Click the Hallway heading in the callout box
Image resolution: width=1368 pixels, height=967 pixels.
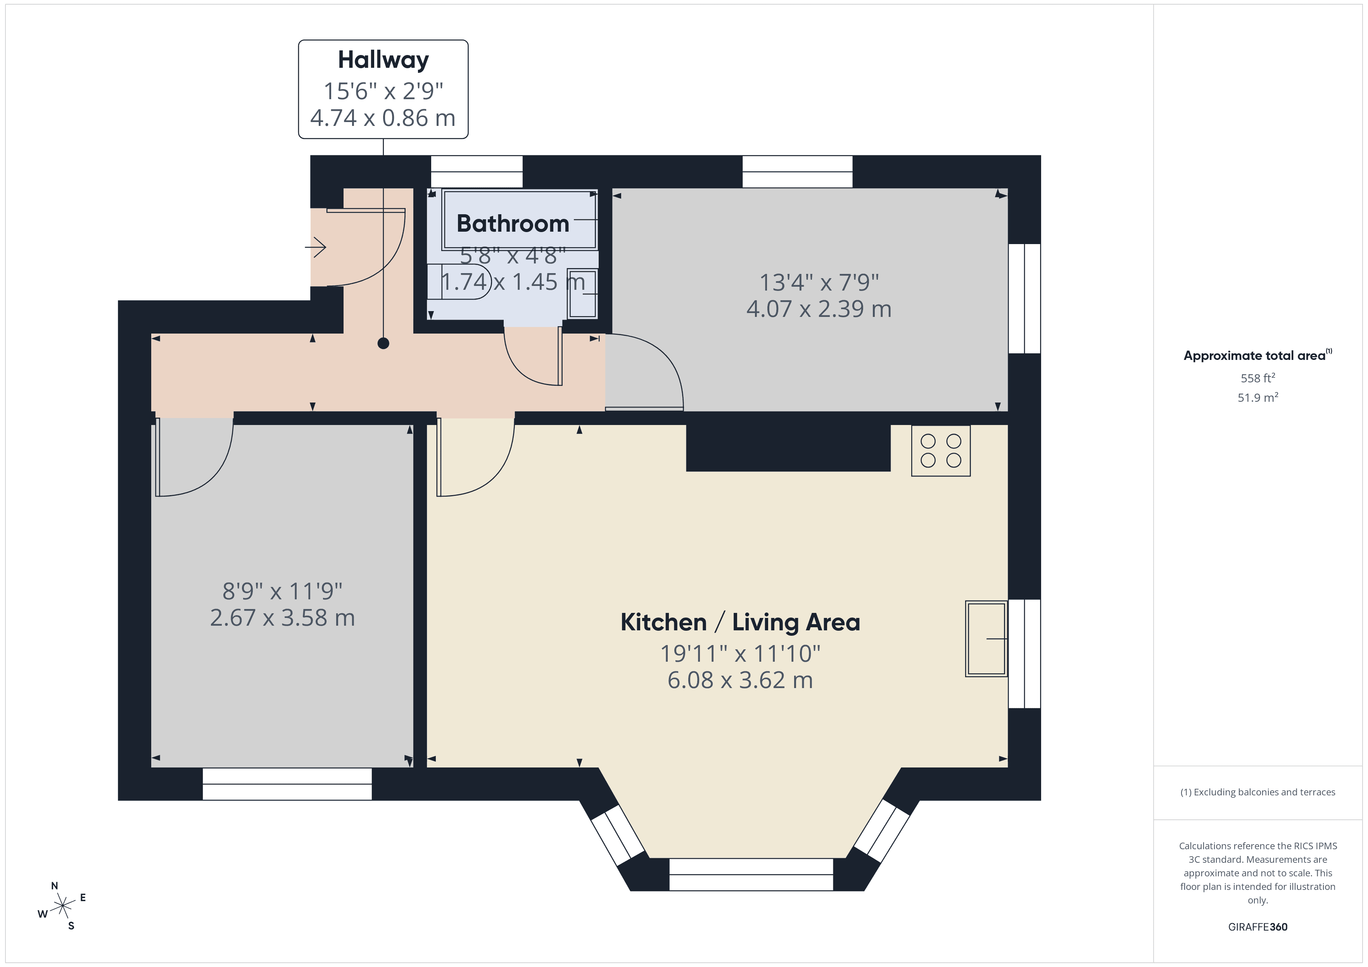[x=383, y=60]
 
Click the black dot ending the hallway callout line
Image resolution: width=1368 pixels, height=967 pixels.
[x=383, y=343]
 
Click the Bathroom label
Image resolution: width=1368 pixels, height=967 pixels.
[x=512, y=224]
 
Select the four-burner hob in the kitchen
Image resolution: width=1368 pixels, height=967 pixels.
[x=940, y=451]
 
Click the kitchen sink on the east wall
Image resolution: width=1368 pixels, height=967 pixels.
[x=986, y=638]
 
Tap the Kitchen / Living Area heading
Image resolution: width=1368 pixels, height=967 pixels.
[x=739, y=622]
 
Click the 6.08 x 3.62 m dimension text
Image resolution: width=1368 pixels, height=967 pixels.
[x=739, y=680]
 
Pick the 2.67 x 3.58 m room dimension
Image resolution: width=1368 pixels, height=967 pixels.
[x=282, y=618]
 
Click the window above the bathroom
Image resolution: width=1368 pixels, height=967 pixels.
[x=477, y=172]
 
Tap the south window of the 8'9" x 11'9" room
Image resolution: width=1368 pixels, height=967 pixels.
[x=287, y=784]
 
